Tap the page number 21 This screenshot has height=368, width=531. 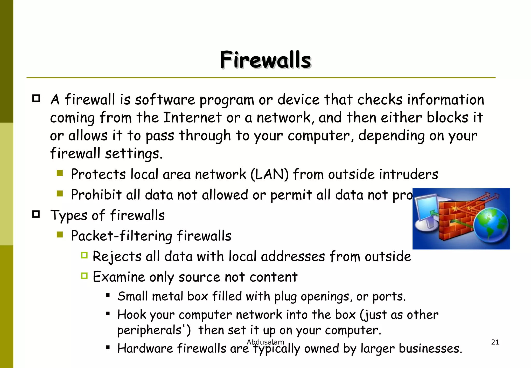[495, 342]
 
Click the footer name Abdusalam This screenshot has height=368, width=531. [265, 342]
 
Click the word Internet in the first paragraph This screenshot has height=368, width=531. [192, 118]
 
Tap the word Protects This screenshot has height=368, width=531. [98, 174]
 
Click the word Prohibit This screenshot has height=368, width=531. [96, 195]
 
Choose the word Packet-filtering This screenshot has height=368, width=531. [121, 236]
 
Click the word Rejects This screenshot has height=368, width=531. [117, 257]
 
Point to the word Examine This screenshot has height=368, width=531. [118, 277]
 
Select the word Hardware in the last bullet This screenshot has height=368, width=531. [145, 348]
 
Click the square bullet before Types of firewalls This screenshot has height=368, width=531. [36, 214]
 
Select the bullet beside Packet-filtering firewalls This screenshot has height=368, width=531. [60, 235]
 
